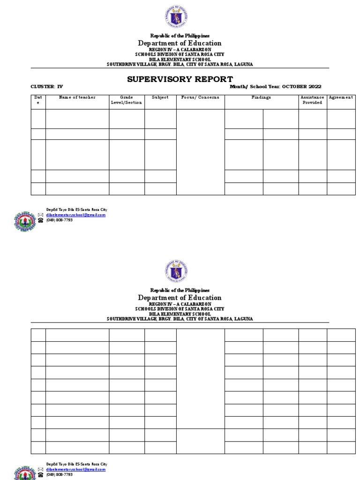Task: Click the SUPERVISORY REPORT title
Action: [x=180, y=78]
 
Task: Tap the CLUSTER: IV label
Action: [x=46, y=87]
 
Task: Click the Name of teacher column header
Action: [x=77, y=97]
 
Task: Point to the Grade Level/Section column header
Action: [x=127, y=100]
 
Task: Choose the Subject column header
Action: [x=160, y=97]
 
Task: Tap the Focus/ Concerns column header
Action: [x=200, y=97]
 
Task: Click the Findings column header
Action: [x=261, y=97]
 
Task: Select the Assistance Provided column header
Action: [x=312, y=100]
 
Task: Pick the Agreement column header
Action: [x=341, y=97]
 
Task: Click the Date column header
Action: [x=38, y=100]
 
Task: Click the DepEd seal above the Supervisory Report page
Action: [x=176, y=17]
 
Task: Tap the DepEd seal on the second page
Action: [x=176, y=271]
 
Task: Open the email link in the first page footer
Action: [x=75, y=215]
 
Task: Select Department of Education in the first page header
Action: [x=180, y=43]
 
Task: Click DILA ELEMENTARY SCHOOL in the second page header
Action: [x=180, y=314]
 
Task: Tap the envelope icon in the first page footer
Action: [x=40, y=215]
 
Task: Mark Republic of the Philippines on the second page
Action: [x=180, y=291]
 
